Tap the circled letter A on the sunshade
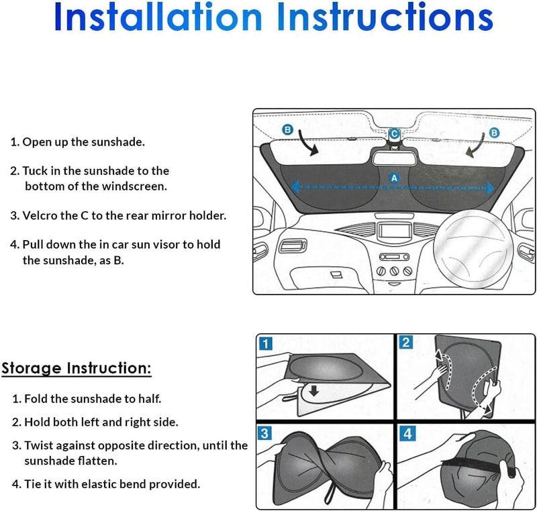pos(394,177)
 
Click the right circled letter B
pos(495,133)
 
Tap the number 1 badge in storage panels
pos(265,344)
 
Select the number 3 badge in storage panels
pos(265,433)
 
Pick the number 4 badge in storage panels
pos(406,433)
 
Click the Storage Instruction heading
pos(76,368)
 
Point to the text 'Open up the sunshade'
pos(83,142)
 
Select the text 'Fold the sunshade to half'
pos(93,398)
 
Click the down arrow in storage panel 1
pos(313,389)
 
